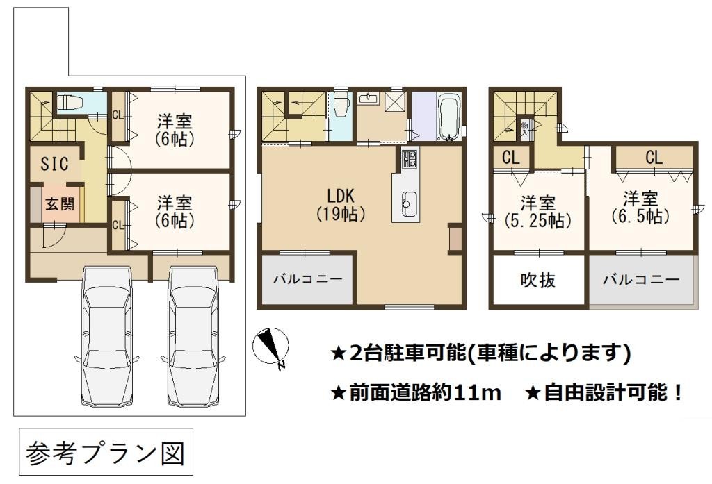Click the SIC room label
pyautogui.click(x=54, y=164)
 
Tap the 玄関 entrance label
pyautogui.click(x=60, y=203)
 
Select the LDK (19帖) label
pyautogui.click(x=341, y=205)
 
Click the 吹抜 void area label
pyautogui.click(x=537, y=281)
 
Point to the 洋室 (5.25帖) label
pyautogui.click(x=538, y=212)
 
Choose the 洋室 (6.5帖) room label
pyautogui.click(x=640, y=208)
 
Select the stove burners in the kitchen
pyautogui.click(x=409, y=159)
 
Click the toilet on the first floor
pyautogui.click(x=69, y=102)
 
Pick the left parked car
pyautogui.click(x=106, y=336)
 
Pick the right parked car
pyautogui.click(x=193, y=336)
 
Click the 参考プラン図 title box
pyautogui.click(x=106, y=452)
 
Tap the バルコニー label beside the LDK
pyautogui.click(x=307, y=278)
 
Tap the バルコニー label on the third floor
pyautogui.click(x=640, y=279)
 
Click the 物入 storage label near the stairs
pyautogui.click(x=524, y=129)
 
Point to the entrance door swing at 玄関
pyautogui.click(x=56, y=236)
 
